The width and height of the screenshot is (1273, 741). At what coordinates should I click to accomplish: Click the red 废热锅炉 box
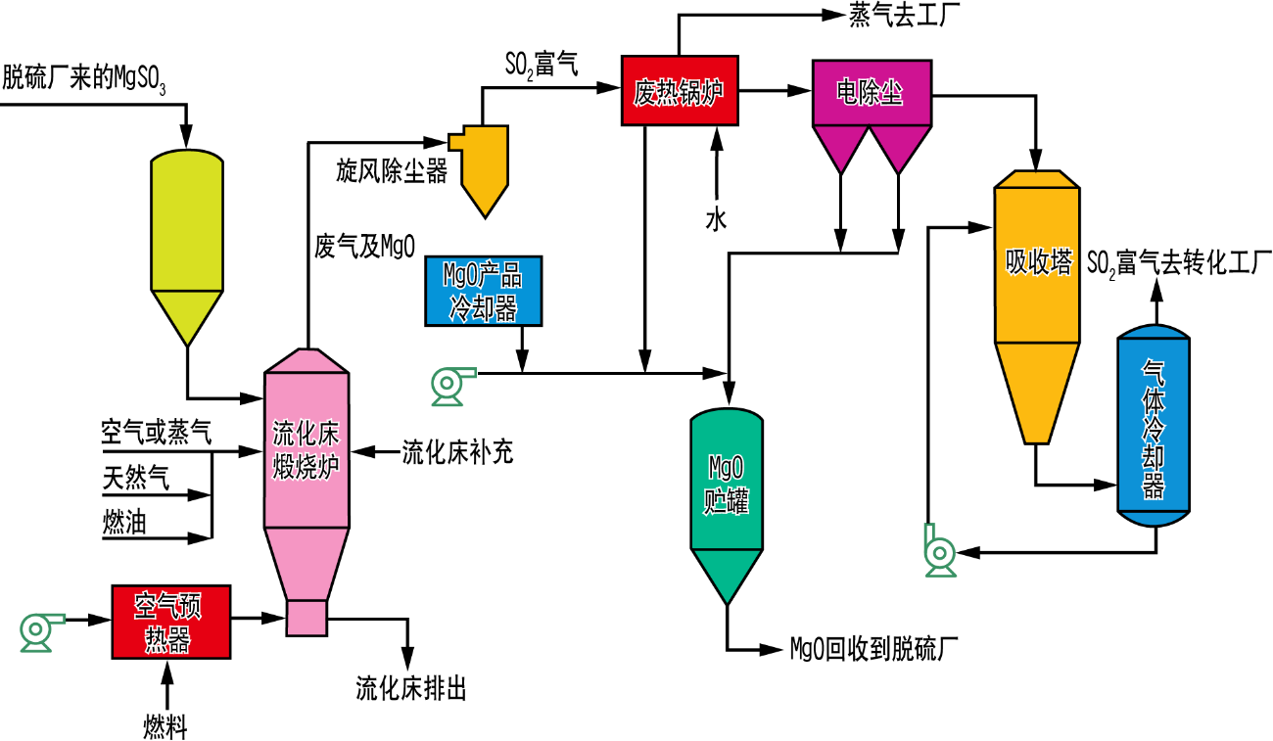coord(679,91)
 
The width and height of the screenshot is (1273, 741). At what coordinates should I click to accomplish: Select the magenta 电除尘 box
coord(871,93)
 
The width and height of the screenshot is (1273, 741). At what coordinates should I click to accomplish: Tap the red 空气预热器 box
coord(170,622)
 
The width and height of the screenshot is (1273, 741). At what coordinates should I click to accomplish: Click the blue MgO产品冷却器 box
coord(483,291)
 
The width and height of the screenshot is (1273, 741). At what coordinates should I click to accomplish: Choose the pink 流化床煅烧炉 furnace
coord(306,460)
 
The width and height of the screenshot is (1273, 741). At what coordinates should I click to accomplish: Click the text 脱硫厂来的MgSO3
coord(83,78)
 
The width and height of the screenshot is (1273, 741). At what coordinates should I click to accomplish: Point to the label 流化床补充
coord(457,453)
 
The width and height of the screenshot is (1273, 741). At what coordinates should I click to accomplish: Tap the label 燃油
coord(124,524)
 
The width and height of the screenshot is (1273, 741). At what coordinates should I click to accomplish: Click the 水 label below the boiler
coord(717,219)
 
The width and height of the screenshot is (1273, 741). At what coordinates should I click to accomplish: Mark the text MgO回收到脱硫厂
coord(872,649)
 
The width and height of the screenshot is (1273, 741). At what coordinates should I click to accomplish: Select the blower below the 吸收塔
coord(939,553)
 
